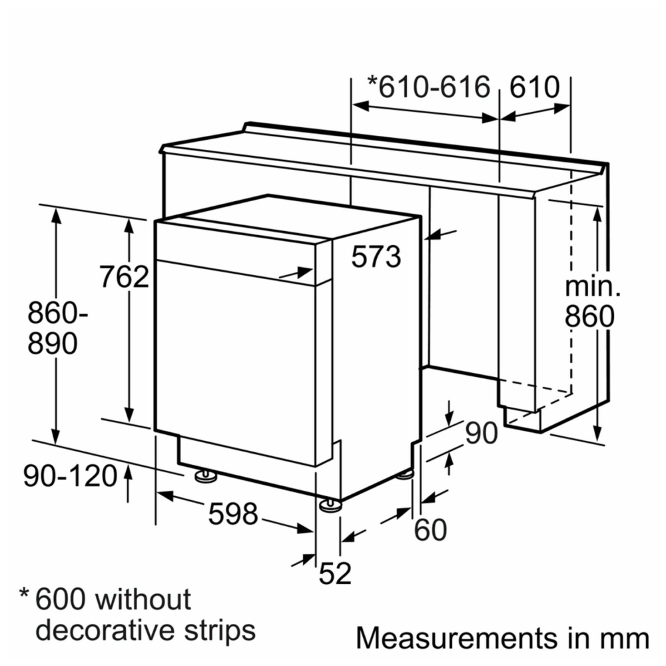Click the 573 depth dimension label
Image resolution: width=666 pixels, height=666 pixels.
coord(376,256)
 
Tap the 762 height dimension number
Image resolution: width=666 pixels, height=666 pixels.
coord(124,276)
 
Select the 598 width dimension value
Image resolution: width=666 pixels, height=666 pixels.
coord(233,513)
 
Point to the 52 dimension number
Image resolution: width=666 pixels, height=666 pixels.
coord(335,573)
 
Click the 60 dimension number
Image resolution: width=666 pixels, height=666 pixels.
coord(430,529)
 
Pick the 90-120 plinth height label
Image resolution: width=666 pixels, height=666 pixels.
coord(70,476)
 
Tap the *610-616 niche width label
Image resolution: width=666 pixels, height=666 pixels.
coord(429,87)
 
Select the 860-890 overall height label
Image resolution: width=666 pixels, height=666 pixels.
coord(58,328)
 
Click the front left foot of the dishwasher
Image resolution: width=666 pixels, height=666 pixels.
coord(206,476)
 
